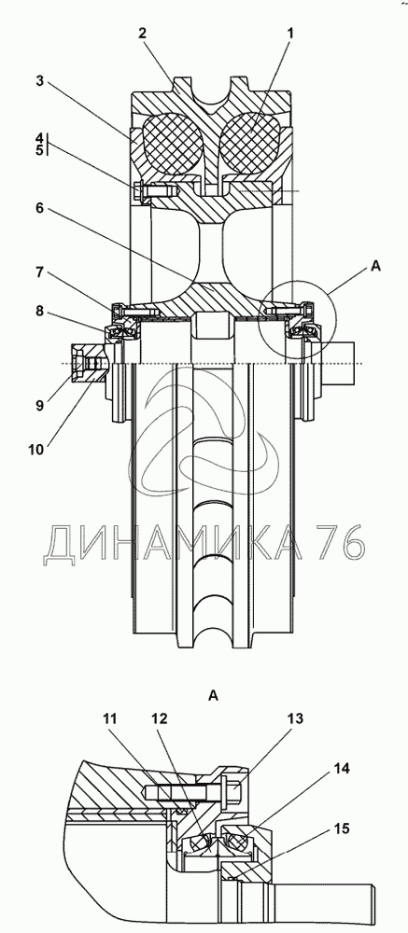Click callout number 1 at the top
point(290,34)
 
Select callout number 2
point(142,34)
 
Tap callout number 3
point(39,81)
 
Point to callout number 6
point(39,208)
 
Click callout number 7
point(39,272)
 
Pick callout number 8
point(39,310)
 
